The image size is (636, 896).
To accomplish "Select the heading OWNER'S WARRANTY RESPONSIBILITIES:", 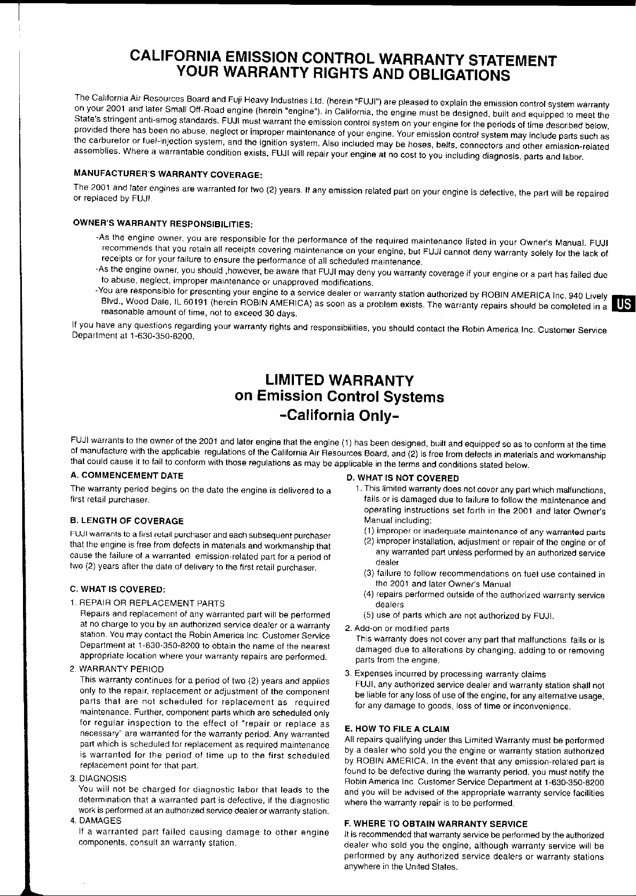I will pyautogui.click(x=163, y=223).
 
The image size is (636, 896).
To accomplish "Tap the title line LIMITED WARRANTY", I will pyautogui.click(x=339, y=380).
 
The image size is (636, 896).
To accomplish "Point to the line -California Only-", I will pyautogui.click(x=339, y=415).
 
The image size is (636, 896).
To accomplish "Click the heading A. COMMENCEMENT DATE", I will pyautogui.click(x=127, y=476).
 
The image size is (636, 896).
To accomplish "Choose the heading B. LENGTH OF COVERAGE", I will pyautogui.click(x=127, y=521).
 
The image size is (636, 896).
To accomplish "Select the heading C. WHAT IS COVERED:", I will pyautogui.click(x=118, y=589).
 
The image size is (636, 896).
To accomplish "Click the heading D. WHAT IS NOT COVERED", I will pyautogui.click(x=402, y=478).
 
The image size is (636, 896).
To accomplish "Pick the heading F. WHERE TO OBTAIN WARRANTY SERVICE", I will pyautogui.click(x=436, y=824).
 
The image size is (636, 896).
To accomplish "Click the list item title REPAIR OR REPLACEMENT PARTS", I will pyautogui.click(x=152, y=603).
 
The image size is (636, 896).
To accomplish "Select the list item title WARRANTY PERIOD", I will pyautogui.click(x=121, y=669).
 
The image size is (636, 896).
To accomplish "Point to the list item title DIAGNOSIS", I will pyautogui.click(x=103, y=778).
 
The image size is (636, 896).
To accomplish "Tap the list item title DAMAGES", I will pyautogui.click(x=100, y=821).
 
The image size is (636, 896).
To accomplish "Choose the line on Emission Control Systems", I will pyautogui.click(x=339, y=397).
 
